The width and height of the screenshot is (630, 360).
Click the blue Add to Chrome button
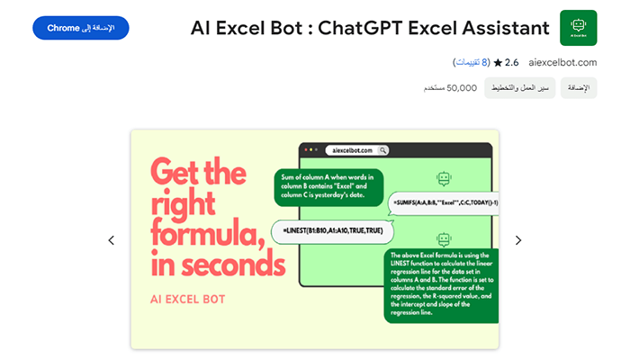(x=80, y=28)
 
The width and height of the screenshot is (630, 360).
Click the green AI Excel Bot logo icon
(x=578, y=28)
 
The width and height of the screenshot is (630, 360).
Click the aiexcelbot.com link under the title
(x=563, y=62)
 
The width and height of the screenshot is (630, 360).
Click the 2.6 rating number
(x=512, y=62)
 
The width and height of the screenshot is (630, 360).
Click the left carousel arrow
(x=112, y=240)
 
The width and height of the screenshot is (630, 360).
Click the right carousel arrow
(x=518, y=240)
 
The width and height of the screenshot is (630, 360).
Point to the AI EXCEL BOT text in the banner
(x=189, y=298)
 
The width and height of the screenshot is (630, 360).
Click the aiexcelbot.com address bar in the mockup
(x=356, y=150)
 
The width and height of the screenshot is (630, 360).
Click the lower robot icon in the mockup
(x=442, y=239)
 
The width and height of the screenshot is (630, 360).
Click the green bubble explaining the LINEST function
(x=439, y=285)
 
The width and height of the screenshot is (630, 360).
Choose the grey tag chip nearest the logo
(x=580, y=87)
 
